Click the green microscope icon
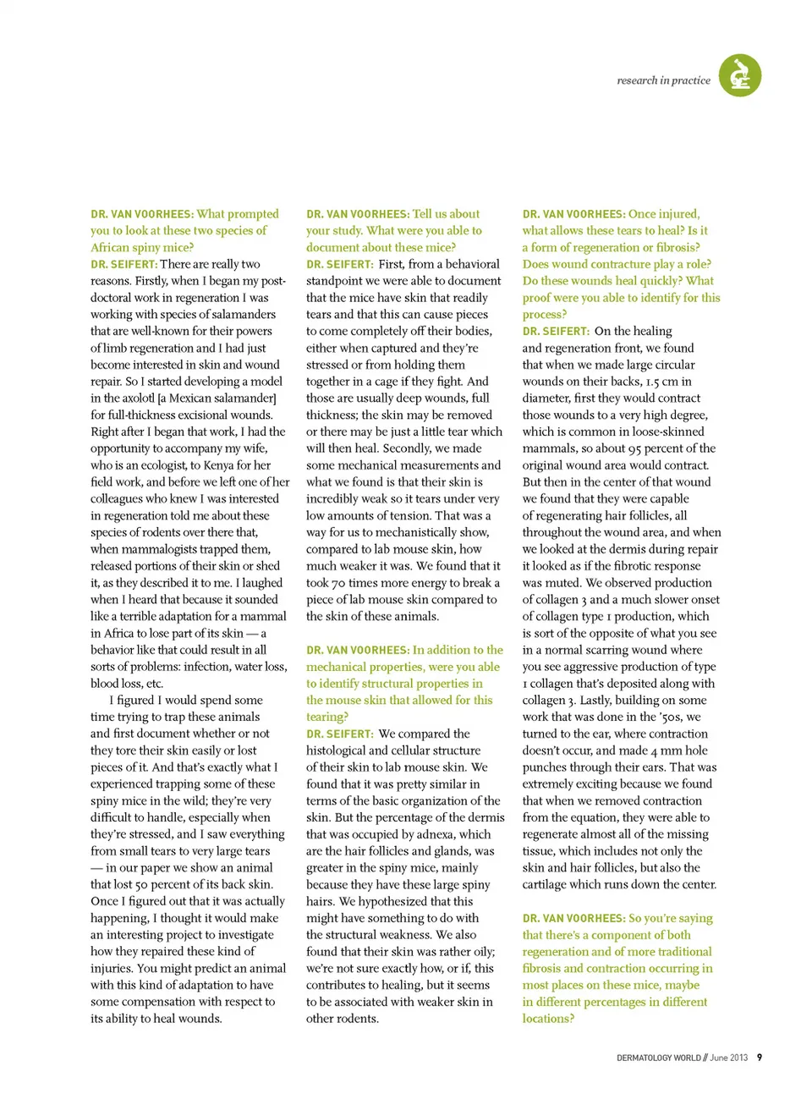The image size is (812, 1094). [x=740, y=75]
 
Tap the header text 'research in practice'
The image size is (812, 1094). [x=663, y=80]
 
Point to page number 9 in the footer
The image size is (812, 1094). [x=760, y=1058]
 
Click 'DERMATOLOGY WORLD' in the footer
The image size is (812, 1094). [x=658, y=1058]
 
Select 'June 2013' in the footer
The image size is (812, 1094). [x=729, y=1058]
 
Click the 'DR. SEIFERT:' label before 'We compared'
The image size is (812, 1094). [x=339, y=734]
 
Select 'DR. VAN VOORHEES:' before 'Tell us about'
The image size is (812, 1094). [x=357, y=214]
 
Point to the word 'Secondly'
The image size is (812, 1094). [x=425, y=448]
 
